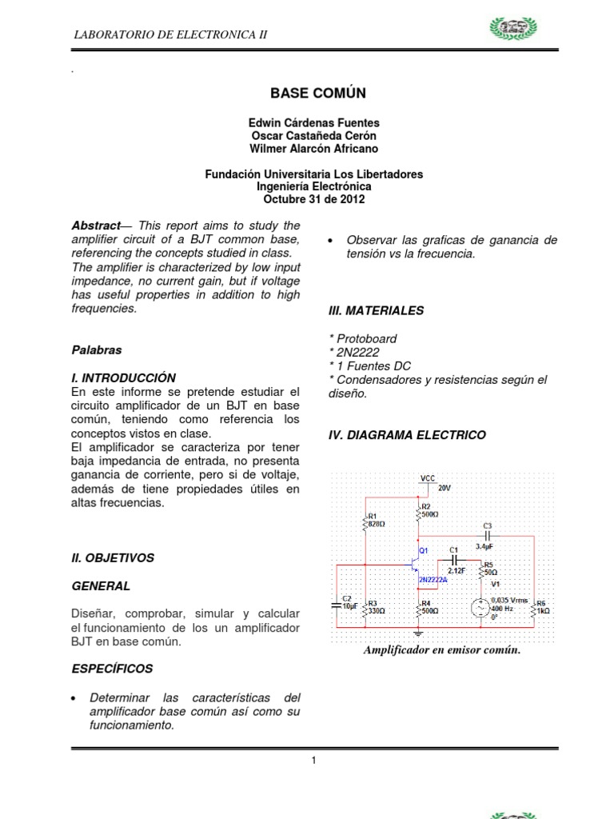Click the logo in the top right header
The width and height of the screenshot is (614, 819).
coord(520,31)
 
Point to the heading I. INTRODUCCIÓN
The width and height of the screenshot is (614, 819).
coord(123,378)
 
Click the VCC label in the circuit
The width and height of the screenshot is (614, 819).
coord(428,478)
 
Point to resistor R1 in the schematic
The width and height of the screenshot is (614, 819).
coord(365,522)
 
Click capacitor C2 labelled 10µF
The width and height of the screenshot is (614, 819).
coord(337,605)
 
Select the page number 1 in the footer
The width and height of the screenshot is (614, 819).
coord(314,761)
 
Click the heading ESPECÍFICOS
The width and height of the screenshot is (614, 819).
coord(112,669)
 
